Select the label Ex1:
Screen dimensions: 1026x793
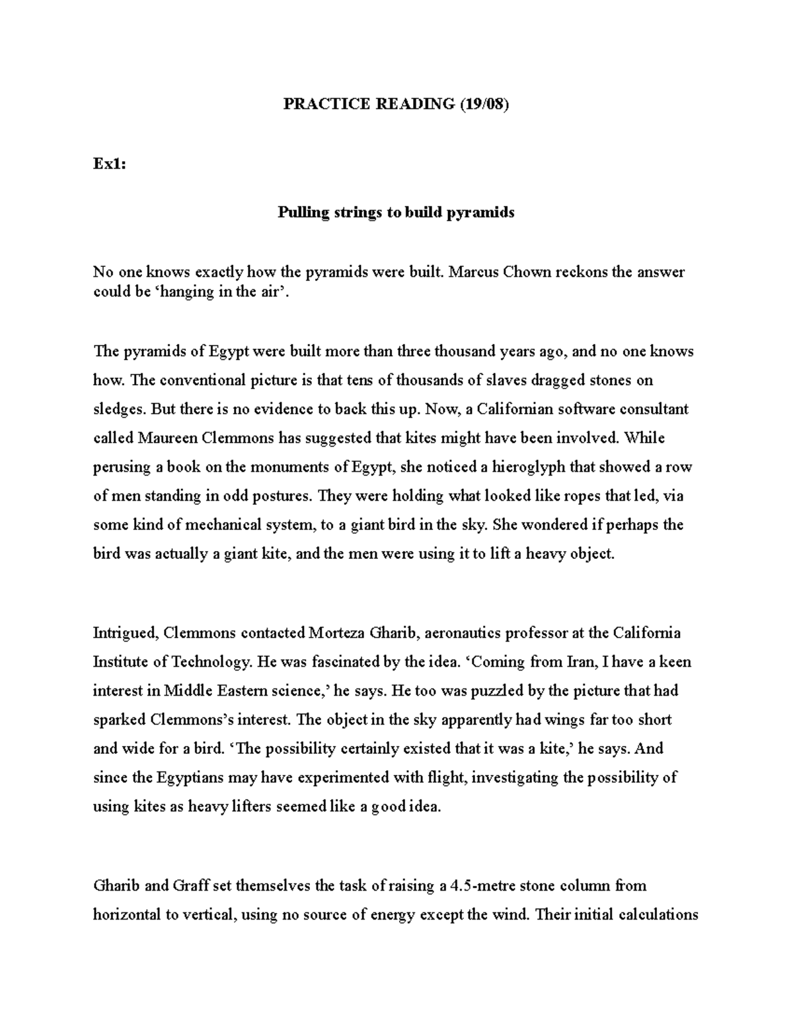pos(109,164)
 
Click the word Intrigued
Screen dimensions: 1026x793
pos(124,633)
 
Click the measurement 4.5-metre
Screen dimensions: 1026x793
pos(480,885)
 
